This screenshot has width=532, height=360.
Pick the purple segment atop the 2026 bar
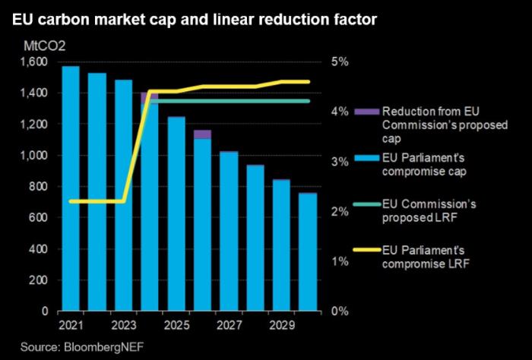tap(202, 134)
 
